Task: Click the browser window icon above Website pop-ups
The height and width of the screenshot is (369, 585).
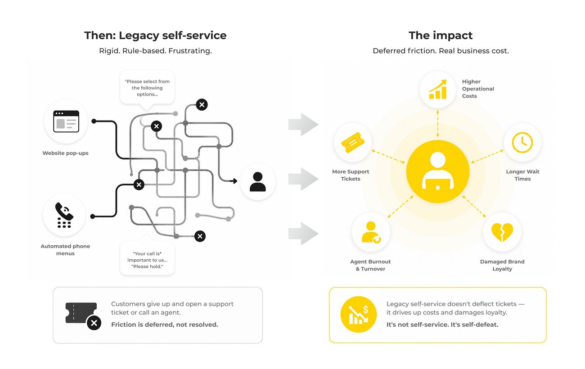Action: click(x=66, y=121)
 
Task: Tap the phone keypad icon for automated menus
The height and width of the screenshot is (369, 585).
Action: click(x=64, y=215)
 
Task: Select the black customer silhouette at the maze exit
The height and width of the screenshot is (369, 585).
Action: click(x=257, y=182)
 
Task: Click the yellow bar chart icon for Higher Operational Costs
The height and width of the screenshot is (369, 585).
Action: click(x=438, y=89)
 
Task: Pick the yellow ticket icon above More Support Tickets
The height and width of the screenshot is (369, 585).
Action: click(x=352, y=142)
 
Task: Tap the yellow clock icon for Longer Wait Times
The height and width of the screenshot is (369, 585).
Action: click(x=522, y=143)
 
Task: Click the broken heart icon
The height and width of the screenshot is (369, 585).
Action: click(x=502, y=232)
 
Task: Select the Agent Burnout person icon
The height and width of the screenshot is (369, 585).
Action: click(x=371, y=232)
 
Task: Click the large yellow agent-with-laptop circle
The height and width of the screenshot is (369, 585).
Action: click(x=438, y=171)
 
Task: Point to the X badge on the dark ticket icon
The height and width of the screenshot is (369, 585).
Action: click(x=94, y=323)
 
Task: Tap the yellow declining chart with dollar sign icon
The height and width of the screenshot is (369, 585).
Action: click(x=359, y=315)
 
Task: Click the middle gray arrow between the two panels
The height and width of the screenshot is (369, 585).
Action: click(x=303, y=179)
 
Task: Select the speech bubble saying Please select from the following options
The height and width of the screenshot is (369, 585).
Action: click(x=147, y=89)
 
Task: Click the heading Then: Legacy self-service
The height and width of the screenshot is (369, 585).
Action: click(x=155, y=36)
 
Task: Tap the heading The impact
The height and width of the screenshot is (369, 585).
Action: click(x=441, y=36)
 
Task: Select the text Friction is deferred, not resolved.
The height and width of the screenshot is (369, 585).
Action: click(x=165, y=324)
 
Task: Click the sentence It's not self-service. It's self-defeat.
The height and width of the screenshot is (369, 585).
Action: click(x=442, y=324)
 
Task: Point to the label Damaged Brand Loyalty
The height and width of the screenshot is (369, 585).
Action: click(x=502, y=265)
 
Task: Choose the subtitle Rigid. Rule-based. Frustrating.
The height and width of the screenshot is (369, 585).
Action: click(x=155, y=51)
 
